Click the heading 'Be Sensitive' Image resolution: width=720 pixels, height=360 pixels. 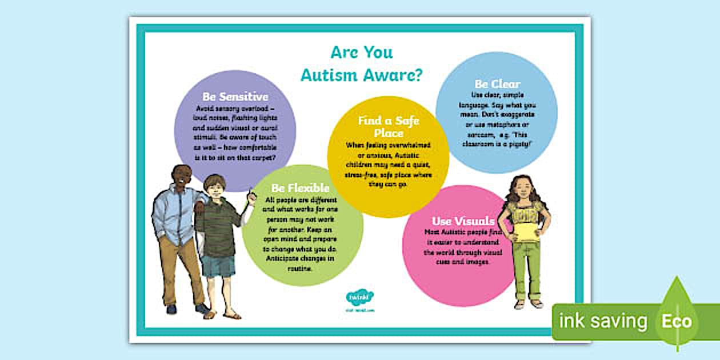coord(235,97)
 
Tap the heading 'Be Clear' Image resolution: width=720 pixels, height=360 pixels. coord(497,85)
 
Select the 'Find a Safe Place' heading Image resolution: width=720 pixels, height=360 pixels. coord(388,126)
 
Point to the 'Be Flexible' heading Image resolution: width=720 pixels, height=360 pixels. coord(301,187)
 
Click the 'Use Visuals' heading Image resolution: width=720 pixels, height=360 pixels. coord(463,221)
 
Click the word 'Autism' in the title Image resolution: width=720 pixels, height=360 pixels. coord(329,75)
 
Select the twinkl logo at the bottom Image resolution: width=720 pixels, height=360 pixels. coord(360,298)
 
